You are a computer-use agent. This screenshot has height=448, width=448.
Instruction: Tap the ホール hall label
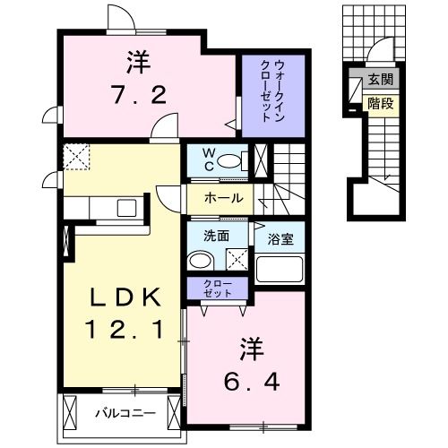pos(223,197)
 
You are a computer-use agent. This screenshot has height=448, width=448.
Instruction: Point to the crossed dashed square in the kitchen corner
pos(78,156)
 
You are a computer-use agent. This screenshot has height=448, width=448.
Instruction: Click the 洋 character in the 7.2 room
pos(136,63)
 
